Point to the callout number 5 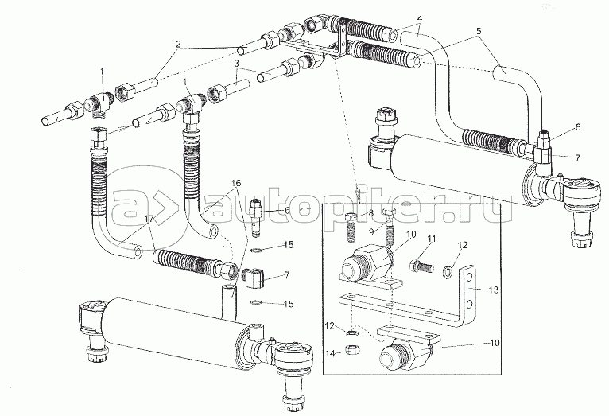tap(479, 33)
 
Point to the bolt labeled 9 tap(390, 229)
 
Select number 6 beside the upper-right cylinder tap(578, 128)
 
